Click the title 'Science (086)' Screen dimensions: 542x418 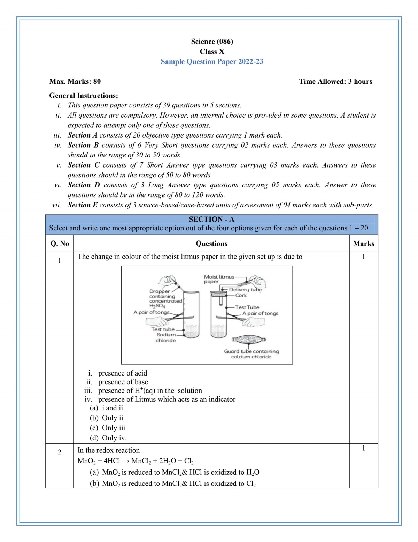click(x=212, y=42)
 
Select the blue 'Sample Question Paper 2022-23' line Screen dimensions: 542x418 click(x=212, y=62)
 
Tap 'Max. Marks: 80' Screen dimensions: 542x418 click(x=75, y=82)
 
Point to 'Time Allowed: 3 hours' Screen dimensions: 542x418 click(x=335, y=82)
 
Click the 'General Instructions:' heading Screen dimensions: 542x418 click(x=84, y=96)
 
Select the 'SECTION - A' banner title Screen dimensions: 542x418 click(x=211, y=220)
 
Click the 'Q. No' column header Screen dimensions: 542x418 click(x=60, y=244)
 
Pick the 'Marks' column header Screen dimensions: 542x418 click(x=363, y=244)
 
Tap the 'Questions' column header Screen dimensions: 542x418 click(x=211, y=244)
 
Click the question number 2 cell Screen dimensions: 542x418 click(x=60, y=452)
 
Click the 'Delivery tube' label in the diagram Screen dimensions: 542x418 click(x=245, y=290)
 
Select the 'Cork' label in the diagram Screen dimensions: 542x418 click(x=241, y=295)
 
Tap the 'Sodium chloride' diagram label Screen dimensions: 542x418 click(x=166, y=337)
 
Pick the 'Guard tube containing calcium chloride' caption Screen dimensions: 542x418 click(x=251, y=354)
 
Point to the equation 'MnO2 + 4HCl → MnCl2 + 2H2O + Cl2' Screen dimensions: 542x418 click(x=136, y=461)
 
